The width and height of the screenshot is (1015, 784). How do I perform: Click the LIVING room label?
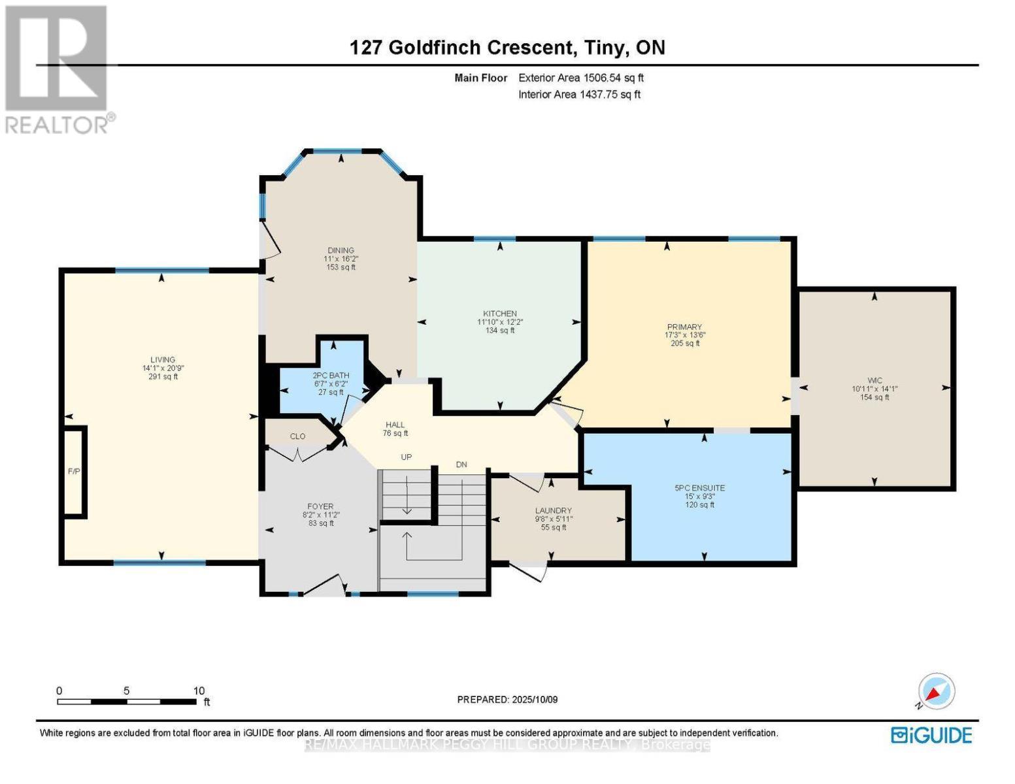(x=163, y=360)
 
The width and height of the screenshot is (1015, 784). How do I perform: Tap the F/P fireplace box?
(x=74, y=471)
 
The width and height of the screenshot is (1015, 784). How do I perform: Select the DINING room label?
(x=341, y=250)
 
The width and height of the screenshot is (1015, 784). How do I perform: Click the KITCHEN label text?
(x=500, y=314)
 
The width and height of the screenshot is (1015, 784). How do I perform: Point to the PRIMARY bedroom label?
(x=684, y=327)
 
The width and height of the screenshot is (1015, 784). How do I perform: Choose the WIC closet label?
(x=874, y=380)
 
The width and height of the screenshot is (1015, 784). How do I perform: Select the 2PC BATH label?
(x=331, y=376)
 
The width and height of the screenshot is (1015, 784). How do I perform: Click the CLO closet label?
(x=297, y=436)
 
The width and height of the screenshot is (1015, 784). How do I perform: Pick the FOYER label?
(x=320, y=506)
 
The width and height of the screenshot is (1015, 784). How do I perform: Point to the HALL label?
(x=395, y=424)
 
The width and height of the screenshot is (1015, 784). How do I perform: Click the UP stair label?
(x=407, y=457)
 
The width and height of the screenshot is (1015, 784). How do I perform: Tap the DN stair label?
(x=461, y=465)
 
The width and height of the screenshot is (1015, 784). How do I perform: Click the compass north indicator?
(x=936, y=692)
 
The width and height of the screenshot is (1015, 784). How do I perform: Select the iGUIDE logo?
(x=931, y=735)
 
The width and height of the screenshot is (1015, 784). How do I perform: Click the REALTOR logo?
(x=58, y=69)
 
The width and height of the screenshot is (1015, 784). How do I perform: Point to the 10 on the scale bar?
(x=199, y=691)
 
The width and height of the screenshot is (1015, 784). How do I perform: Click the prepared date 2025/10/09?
(x=533, y=700)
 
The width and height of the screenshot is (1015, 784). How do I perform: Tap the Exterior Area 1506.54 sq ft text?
(x=581, y=78)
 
